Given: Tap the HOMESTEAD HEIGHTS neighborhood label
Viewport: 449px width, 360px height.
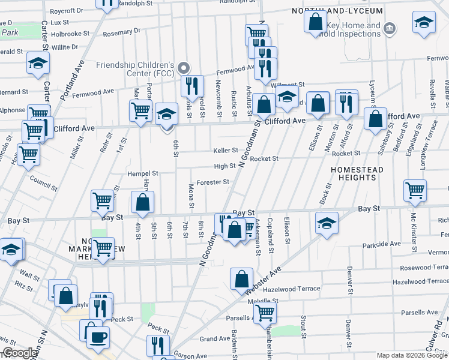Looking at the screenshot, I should click(357, 175).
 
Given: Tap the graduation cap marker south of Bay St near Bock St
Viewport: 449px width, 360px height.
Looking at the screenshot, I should click(327, 223).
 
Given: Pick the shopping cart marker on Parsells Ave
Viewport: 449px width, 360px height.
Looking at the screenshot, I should click(265, 311).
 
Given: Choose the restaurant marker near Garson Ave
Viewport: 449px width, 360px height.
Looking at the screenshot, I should click(158, 346).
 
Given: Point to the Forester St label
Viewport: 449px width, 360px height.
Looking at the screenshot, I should click(214, 182).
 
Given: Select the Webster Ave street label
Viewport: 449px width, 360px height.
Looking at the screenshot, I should click(263, 281).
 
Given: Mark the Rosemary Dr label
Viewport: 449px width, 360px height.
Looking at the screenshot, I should click(121, 30).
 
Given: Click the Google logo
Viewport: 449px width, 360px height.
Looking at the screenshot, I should click(20, 353).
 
